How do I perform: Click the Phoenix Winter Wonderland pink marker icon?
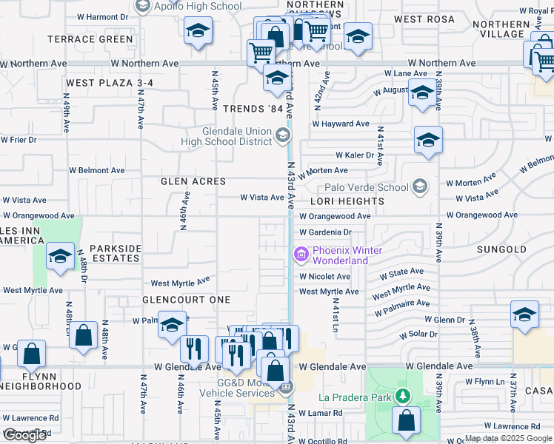pyautogui.click(x=301, y=255)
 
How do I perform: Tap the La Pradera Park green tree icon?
pyautogui.click(x=402, y=397)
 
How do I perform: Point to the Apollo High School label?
pyautogui.click(x=198, y=7)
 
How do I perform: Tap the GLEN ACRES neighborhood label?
pyautogui.click(x=193, y=181)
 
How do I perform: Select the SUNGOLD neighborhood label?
pyautogui.click(x=501, y=250)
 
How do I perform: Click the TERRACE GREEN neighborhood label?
pyautogui.click(x=90, y=39)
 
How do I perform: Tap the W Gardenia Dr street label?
pyautogui.click(x=330, y=232)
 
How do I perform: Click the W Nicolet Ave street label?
pyautogui.click(x=324, y=277)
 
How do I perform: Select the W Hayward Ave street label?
pyautogui.click(x=341, y=124)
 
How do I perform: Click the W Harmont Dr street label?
pyautogui.click(x=102, y=16)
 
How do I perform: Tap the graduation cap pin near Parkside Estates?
pyautogui.click(x=60, y=257)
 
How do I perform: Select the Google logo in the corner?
pyautogui.click(x=24, y=436)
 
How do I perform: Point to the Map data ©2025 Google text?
pyautogui.click(x=507, y=438)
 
